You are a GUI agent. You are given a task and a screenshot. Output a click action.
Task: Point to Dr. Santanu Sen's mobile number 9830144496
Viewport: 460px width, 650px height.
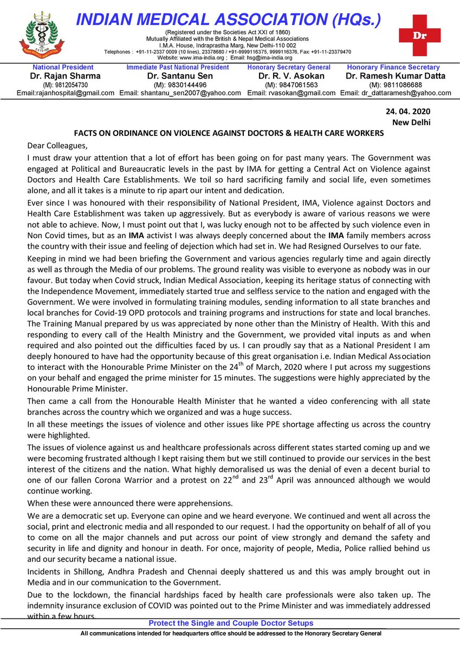(x=180, y=85)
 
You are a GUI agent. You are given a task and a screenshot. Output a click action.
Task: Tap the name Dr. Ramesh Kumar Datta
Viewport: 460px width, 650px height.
(x=396, y=76)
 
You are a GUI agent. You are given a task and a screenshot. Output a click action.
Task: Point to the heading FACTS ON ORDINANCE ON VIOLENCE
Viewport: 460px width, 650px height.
(x=229, y=133)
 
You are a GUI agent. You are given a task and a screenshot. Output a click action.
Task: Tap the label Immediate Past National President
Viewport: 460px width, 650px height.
(x=178, y=67)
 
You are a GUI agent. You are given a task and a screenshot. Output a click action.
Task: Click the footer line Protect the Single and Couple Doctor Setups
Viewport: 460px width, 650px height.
(x=231, y=623)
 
